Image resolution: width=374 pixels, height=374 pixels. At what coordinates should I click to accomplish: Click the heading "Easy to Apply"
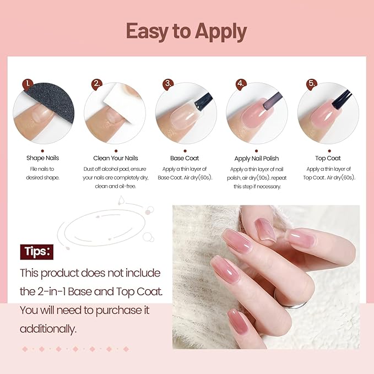(186, 31)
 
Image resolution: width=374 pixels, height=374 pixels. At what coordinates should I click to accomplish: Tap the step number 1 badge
(28, 84)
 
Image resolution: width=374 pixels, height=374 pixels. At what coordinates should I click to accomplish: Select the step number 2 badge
(97, 84)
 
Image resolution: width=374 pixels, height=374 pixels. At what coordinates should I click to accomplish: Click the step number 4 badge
(240, 84)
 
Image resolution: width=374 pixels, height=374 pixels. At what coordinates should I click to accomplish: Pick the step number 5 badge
(312, 84)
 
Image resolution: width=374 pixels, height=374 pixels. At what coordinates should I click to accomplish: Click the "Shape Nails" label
(42, 158)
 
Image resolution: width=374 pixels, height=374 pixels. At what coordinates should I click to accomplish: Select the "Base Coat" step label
(186, 158)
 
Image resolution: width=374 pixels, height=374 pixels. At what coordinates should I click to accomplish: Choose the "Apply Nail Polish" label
(257, 159)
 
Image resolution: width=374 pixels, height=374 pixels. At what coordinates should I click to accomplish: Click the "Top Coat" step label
(328, 158)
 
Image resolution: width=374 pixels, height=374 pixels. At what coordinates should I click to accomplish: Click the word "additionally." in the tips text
(48, 329)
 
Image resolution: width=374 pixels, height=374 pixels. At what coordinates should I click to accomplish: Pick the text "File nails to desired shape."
(42, 173)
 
